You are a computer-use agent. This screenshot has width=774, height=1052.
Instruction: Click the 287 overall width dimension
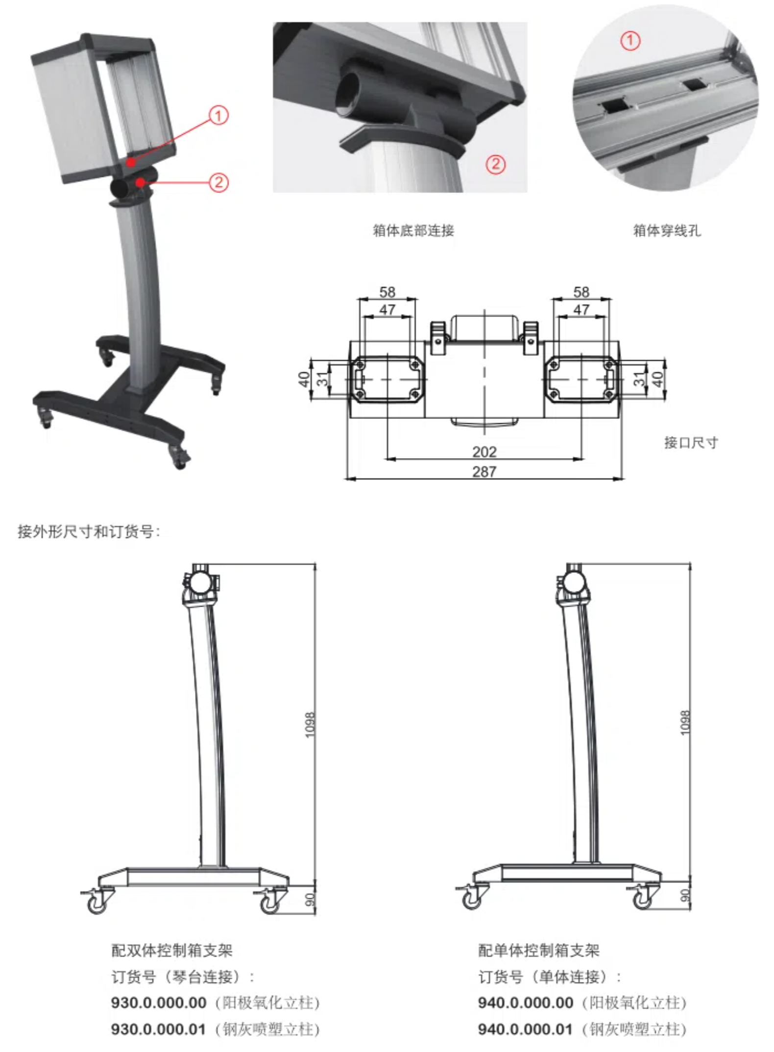484,471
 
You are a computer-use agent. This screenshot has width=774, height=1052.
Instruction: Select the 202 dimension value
484,451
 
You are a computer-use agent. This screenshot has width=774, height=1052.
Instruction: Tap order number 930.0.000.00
158,1003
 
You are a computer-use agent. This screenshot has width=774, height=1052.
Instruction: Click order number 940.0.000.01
525,1029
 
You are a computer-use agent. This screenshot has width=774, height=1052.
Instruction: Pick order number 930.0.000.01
158,1029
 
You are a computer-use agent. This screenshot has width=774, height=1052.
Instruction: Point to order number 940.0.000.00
525,1003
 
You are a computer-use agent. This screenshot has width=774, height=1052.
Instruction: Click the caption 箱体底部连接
413,230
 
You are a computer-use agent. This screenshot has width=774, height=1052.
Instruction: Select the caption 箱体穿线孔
667,230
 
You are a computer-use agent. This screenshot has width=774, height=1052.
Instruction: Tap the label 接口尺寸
691,442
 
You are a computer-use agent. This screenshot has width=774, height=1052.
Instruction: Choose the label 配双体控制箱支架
172,951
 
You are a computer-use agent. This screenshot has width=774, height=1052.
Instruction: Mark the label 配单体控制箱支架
539,951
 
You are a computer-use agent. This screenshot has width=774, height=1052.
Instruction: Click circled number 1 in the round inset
630,41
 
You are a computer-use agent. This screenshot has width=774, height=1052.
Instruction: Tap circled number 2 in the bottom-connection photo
495,164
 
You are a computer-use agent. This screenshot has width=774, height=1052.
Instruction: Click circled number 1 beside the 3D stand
218,116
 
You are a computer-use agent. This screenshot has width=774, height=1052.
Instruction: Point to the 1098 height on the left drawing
310,725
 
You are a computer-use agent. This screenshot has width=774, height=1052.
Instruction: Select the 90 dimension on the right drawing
685,895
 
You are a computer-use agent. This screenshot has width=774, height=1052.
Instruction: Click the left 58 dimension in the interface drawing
387,292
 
